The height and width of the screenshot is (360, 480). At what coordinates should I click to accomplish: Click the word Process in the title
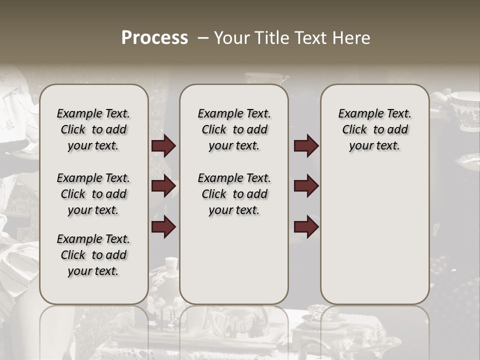(x=154, y=38)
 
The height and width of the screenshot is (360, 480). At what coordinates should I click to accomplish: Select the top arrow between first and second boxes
(x=163, y=146)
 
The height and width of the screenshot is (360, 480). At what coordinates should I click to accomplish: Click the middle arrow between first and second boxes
(x=163, y=186)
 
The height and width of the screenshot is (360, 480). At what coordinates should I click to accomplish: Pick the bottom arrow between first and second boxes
(x=163, y=227)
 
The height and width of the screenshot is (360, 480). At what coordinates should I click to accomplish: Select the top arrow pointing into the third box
(x=306, y=146)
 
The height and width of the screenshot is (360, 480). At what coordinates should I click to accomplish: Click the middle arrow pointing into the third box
(x=306, y=186)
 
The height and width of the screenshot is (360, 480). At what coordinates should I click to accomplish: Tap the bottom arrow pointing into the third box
(x=306, y=227)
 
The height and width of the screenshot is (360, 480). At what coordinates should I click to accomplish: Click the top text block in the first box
(x=93, y=129)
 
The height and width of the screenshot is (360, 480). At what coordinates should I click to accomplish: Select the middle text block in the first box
(x=93, y=194)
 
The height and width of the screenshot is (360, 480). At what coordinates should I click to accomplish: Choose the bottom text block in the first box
(x=93, y=255)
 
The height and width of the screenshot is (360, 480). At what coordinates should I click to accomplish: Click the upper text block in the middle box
(x=234, y=129)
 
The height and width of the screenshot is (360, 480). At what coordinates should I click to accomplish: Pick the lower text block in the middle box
(x=234, y=194)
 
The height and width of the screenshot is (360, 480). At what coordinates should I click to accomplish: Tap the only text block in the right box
(x=374, y=129)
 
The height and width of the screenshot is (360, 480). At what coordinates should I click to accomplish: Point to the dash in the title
(x=203, y=38)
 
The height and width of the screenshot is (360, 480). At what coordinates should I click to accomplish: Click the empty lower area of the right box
(x=374, y=235)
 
